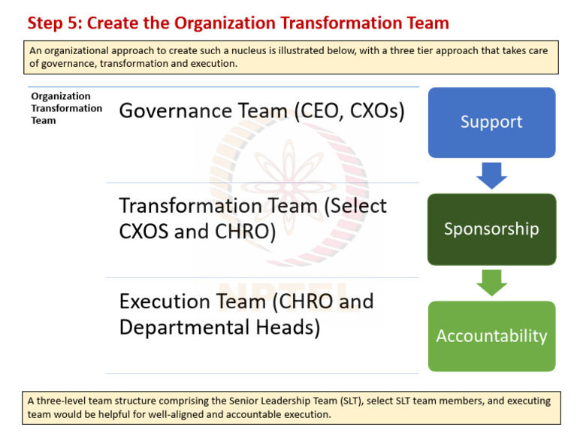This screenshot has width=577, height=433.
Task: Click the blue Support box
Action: coord(491,123)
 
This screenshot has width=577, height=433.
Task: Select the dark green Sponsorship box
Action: coord(491,229)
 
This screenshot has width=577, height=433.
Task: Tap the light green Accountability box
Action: coord(491,336)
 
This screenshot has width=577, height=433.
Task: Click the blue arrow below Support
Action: coord(492,176)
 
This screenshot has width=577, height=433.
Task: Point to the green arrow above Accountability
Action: coord(492,283)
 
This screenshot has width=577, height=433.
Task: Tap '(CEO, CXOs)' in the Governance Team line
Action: coord(349,111)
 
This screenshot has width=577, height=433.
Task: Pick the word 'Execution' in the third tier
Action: coord(165,301)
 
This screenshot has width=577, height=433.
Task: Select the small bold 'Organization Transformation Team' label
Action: coord(66,108)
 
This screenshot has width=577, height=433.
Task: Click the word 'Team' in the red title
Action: coord(428,23)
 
